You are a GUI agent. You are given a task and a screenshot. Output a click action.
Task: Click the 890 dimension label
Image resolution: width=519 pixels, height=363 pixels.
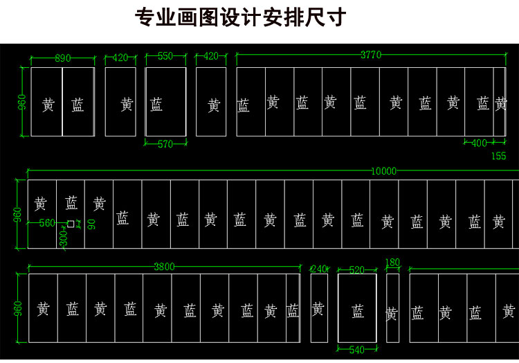pyautogui.click(x=62, y=58)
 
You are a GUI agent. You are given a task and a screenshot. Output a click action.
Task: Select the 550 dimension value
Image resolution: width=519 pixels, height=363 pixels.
pyautogui.click(x=165, y=57)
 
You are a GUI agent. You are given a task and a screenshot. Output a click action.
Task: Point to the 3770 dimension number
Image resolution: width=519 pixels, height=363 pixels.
pyautogui.click(x=370, y=55)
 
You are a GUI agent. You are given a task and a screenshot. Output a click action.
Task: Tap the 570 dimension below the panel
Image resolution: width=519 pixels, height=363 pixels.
pyautogui.click(x=165, y=144)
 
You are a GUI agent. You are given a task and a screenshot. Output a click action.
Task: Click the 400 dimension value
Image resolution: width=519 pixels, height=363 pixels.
pyautogui.click(x=479, y=143)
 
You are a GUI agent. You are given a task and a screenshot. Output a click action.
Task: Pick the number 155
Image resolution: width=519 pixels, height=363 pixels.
pyautogui.click(x=498, y=156)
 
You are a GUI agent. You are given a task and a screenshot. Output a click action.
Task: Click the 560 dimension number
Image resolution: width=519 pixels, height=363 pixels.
pyautogui.click(x=47, y=223)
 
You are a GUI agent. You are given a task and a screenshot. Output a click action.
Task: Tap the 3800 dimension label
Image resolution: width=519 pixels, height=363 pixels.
pyautogui.click(x=164, y=267)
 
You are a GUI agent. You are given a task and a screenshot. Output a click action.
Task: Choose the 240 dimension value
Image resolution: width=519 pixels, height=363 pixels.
pyautogui.click(x=318, y=269)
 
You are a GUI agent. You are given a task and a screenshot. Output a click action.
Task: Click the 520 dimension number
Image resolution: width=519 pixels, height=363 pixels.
pyautogui.click(x=356, y=270)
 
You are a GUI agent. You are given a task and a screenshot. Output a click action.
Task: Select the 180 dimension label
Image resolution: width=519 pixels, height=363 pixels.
pyautogui.click(x=392, y=263)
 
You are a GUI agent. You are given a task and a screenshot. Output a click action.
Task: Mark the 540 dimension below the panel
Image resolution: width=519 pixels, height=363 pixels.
pyautogui.click(x=356, y=350)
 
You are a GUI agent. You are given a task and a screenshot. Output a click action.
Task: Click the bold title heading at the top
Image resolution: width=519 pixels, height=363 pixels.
pyautogui.click(x=240, y=17)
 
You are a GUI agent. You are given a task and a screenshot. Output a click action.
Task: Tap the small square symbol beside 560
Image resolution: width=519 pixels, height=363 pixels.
pyautogui.click(x=71, y=223)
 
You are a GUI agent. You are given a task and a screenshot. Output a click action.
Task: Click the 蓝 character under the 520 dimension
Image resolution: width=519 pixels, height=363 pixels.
pyautogui.click(x=357, y=311)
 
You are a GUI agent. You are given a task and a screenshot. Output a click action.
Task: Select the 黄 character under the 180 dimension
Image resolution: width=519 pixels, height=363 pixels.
pyautogui.click(x=392, y=315)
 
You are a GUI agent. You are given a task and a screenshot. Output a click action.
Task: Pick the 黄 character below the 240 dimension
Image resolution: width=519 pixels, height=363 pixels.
pyautogui.click(x=318, y=310)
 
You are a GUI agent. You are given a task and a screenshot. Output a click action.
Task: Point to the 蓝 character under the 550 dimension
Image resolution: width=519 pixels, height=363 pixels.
pyautogui.click(x=156, y=105)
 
